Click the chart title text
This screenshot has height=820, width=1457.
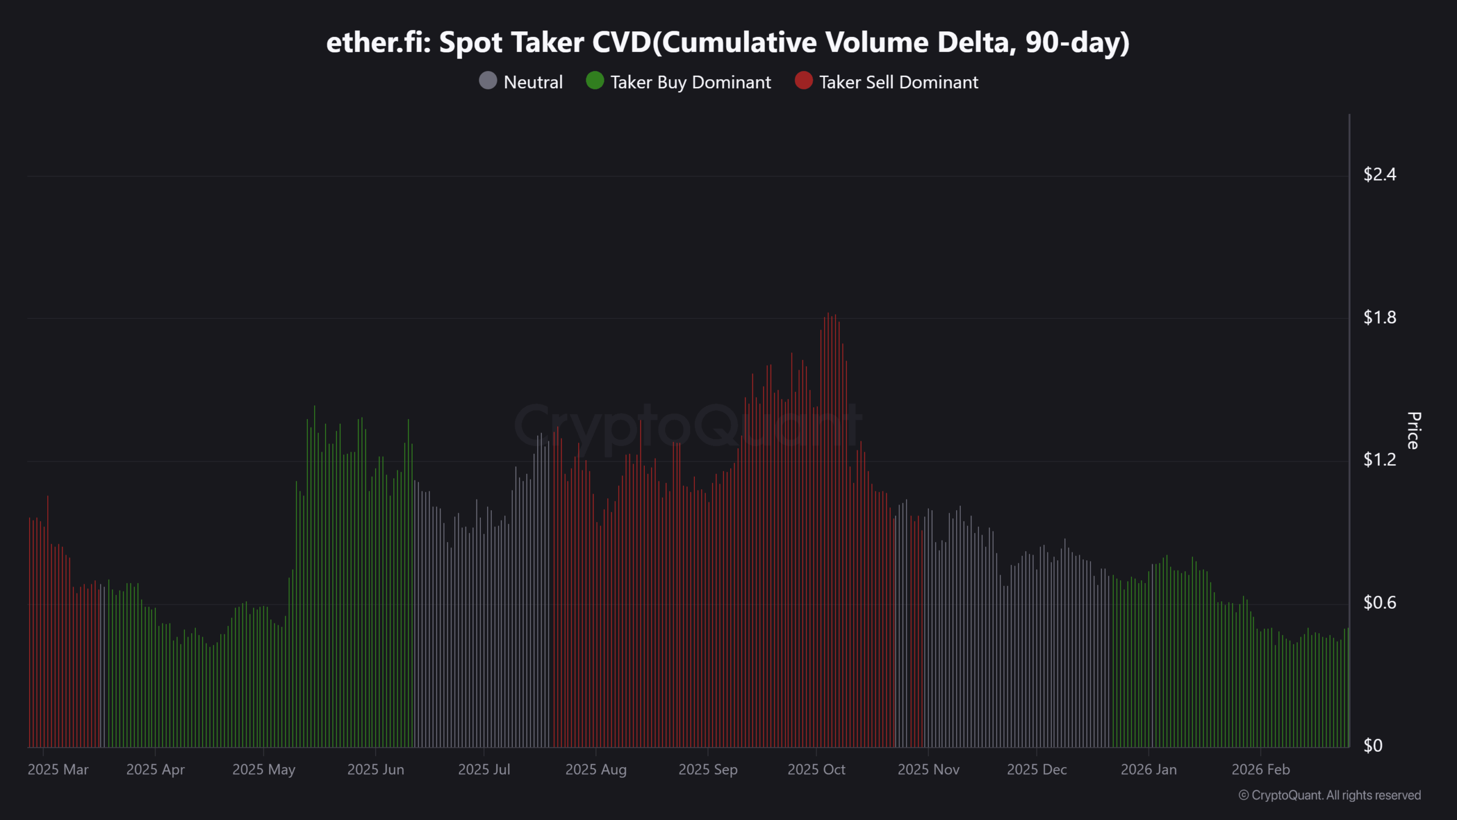click(727, 43)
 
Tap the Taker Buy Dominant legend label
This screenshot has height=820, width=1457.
click(690, 82)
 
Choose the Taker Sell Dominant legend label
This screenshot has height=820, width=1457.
click(898, 82)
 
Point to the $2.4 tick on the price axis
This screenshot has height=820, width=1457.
click(1379, 174)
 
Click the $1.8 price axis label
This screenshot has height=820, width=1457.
click(1379, 317)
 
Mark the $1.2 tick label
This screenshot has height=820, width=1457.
click(1379, 460)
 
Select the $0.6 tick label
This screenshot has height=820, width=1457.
click(1379, 602)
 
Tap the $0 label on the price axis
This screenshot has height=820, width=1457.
click(1372, 745)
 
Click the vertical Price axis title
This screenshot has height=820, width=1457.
click(1413, 430)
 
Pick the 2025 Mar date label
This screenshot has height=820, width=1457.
click(58, 770)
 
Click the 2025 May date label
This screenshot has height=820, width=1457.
click(264, 770)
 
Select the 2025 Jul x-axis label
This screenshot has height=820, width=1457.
click(484, 770)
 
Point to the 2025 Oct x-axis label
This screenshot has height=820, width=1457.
click(816, 770)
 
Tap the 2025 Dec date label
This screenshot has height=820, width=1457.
click(1036, 770)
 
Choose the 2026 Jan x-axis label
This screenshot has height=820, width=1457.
click(1148, 770)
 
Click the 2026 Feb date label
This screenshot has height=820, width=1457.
click(1260, 770)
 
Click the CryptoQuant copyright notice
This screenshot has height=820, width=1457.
click(1330, 796)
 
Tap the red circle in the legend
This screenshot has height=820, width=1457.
click(803, 81)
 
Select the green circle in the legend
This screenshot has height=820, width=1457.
click(595, 81)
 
